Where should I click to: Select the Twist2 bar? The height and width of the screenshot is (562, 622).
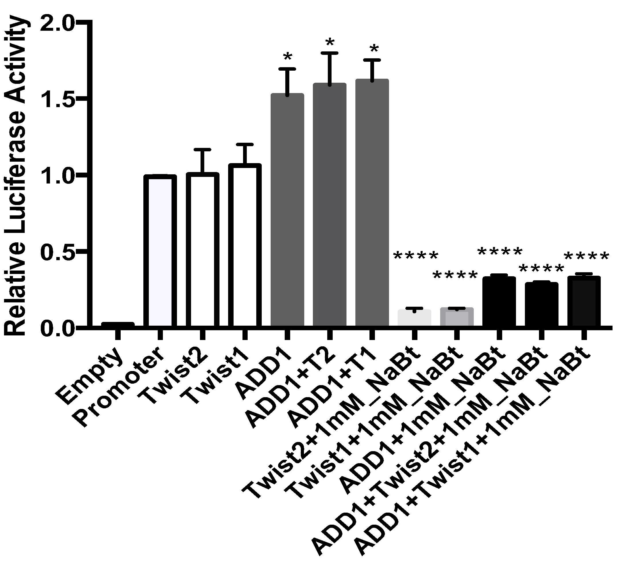tap(202, 250)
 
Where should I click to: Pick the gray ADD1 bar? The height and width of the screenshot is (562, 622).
tap(287, 210)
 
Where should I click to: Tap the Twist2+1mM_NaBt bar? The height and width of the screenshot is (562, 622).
tap(414, 318)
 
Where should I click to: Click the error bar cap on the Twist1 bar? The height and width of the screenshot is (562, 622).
tap(245, 144)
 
